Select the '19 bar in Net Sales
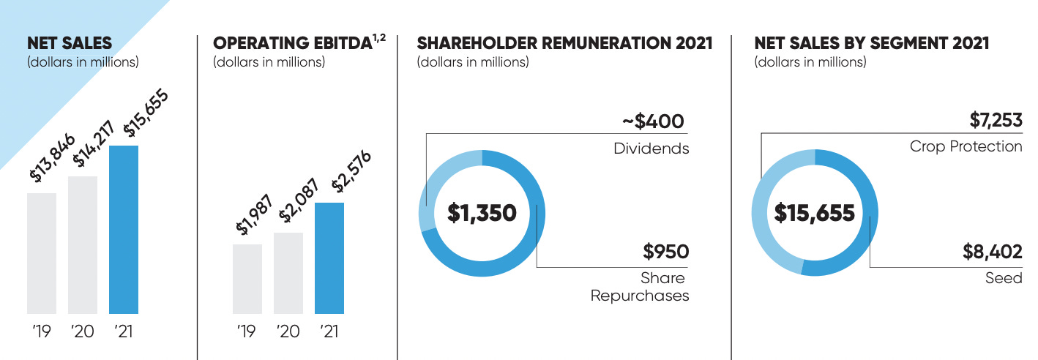(42, 253)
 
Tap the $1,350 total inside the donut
(482, 214)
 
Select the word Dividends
(651, 149)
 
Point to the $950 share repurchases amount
(665, 252)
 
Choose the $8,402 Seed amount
(992, 252)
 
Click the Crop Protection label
(966, 146)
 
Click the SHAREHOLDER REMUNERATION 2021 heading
(564, 44)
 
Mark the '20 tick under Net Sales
(83, 331)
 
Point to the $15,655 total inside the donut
(815, 214)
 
